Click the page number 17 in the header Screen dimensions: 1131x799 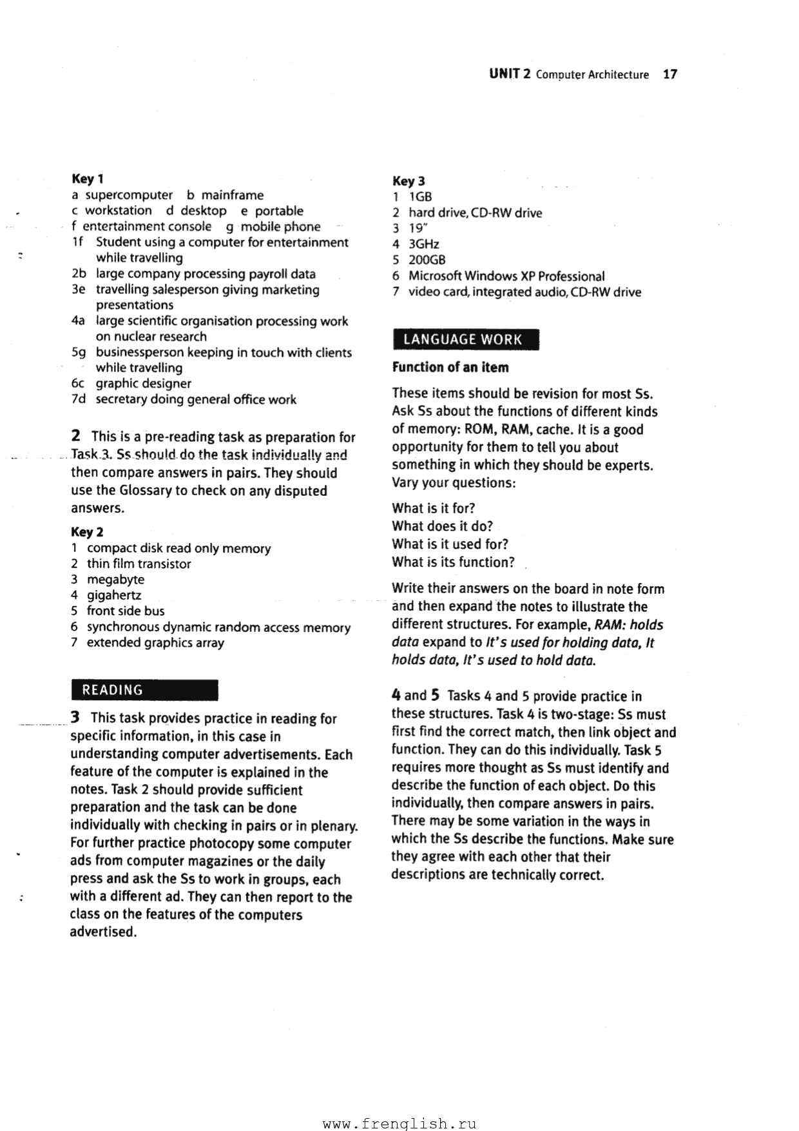point(669,74)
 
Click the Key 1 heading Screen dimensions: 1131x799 point(88,179)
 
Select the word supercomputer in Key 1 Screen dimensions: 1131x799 point(129,195)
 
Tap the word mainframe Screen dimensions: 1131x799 point(232,195)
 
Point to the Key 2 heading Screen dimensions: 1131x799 point(87,532)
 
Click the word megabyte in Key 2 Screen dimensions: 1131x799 point(115,579)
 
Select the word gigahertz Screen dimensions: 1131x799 point(114,595)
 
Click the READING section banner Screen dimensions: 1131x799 point(144,690)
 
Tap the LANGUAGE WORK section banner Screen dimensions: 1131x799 point(465,339)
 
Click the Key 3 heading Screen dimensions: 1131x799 point(409,181)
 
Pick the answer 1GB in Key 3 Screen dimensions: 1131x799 point(420,197)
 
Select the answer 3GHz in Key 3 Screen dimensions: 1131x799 point(423,244)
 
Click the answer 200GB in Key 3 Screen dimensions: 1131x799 point(427,260)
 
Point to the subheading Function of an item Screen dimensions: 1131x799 point(450,368)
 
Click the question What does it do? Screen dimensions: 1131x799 point(442,526)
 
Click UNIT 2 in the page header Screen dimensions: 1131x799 point(509,74)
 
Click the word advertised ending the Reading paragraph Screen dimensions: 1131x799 point(103,932)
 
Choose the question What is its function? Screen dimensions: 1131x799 point(453,562)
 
